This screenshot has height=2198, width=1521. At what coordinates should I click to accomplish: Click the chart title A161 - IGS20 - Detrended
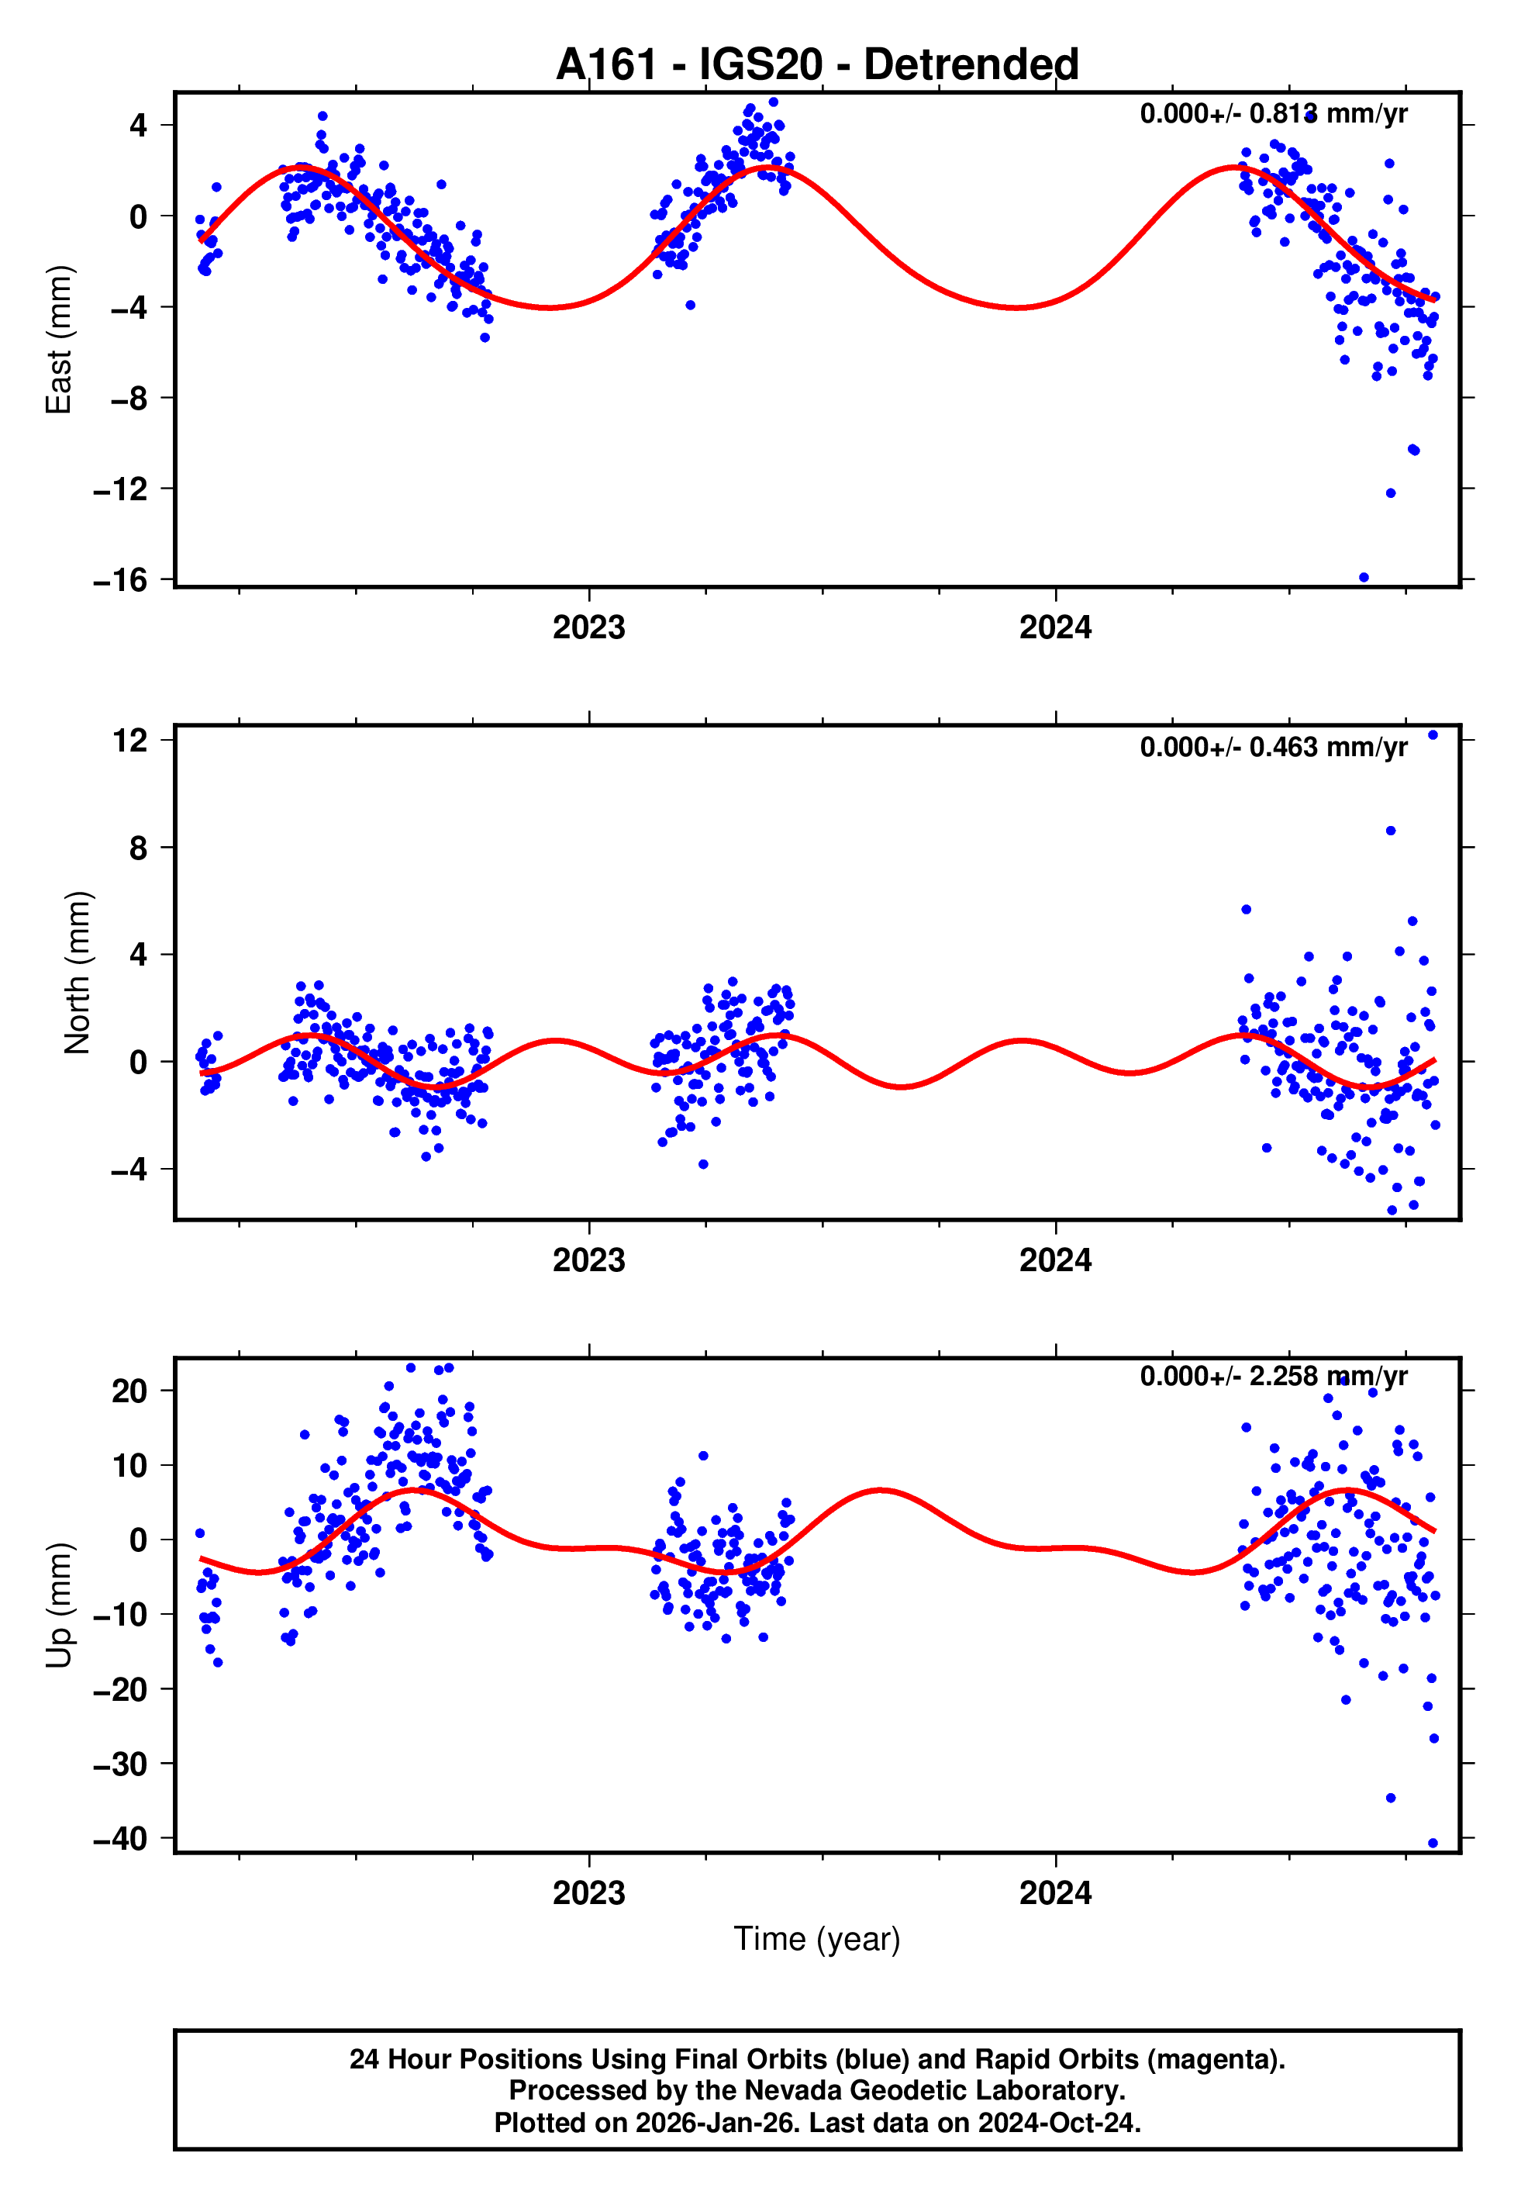click(817, 65)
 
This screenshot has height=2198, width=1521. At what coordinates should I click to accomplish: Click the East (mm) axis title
click(59, 340)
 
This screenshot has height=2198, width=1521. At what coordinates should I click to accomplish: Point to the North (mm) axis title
click(78, 973)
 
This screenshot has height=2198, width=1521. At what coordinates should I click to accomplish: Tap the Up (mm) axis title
click(59, 1605)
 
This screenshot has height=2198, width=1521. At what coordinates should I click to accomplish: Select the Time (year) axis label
click(817, 1939)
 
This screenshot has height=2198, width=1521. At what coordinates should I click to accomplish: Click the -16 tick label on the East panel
click(120, 579)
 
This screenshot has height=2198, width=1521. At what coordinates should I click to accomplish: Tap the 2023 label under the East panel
click(589, 627)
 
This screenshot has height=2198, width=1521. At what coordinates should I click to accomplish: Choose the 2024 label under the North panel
click(1055, 1260)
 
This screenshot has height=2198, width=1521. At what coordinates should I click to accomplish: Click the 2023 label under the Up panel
click(589, 1892)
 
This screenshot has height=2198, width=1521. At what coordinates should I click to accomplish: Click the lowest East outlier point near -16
click(1364, 578)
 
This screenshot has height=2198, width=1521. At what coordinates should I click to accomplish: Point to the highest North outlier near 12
click(1433, 735)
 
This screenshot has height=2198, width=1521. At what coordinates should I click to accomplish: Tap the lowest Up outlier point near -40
click(1433, 1843)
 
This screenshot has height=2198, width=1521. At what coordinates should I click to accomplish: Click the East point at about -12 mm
click(1391, 492)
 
